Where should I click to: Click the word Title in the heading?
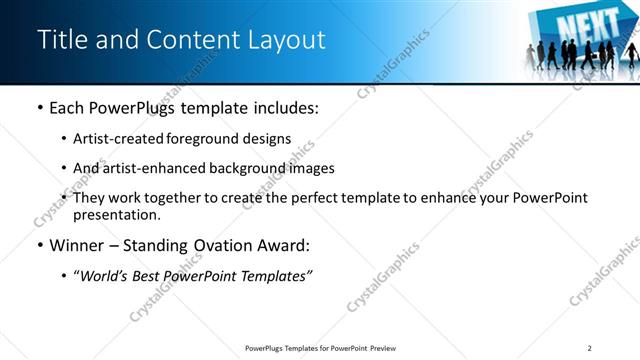tap(59, 39)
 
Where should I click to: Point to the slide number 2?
tap(590, 347)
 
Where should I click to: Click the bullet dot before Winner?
tap(40, 246)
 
